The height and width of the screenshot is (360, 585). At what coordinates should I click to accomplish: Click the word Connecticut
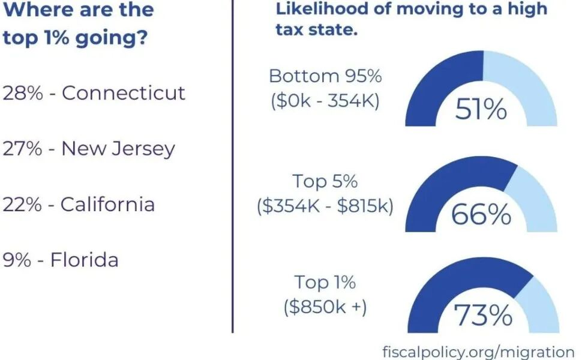coord(124,93)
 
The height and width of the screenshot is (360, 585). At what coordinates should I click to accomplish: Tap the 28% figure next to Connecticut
coord(23,93)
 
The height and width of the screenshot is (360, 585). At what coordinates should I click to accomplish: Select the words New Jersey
coord(118,148)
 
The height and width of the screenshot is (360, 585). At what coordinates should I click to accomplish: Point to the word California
coord(107,204)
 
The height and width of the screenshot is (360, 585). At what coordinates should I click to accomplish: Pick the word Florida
coord(84,260)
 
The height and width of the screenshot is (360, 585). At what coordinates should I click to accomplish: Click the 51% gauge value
coord(481,110)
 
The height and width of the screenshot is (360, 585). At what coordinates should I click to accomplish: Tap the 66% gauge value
coord(481,214)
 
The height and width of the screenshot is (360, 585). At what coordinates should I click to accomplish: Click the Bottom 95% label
coord(325,76)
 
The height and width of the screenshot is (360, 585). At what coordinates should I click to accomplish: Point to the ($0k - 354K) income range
coord(325,100)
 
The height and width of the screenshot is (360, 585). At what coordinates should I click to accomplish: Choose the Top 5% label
coord(325,181)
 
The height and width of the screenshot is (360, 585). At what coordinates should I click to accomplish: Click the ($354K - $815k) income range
coord(325,206)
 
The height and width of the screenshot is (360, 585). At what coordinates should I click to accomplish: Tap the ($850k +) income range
coord(325,307)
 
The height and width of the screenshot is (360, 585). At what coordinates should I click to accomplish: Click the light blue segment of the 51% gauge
coord(528,84)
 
